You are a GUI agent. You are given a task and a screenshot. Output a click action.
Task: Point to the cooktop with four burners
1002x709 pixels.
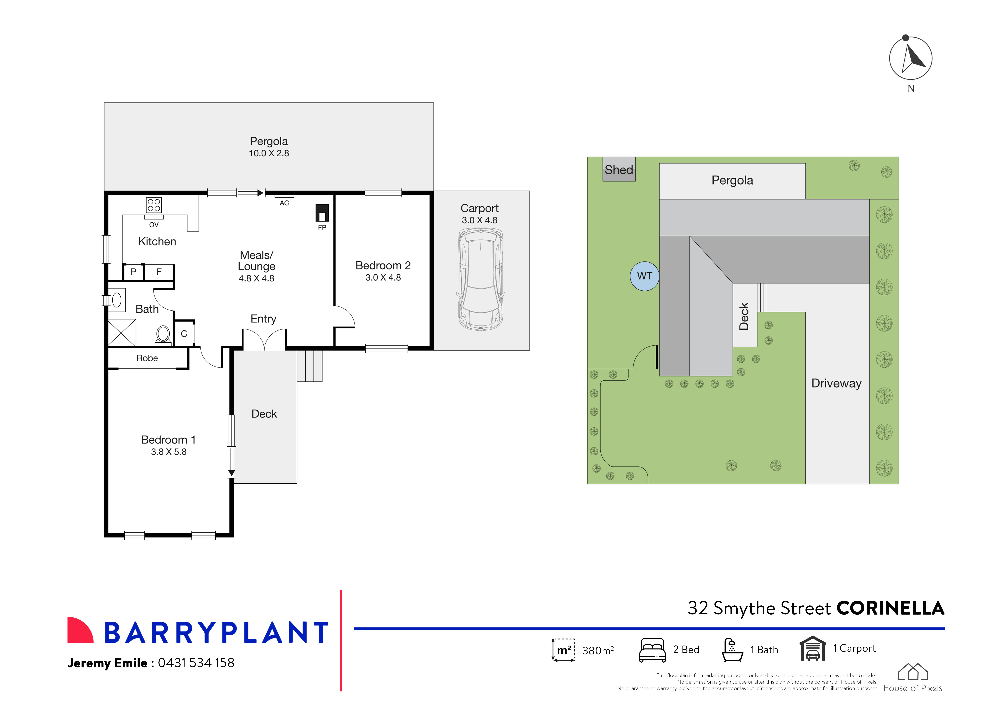click(154, 205)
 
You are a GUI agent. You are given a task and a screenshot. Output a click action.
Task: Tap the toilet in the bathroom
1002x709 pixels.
click(163, 335)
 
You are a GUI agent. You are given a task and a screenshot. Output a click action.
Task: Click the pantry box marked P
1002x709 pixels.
click(134, 272)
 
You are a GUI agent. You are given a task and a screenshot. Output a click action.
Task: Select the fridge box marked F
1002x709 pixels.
click(159, 272)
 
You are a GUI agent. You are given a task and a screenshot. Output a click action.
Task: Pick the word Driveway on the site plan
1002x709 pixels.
click(836, 383)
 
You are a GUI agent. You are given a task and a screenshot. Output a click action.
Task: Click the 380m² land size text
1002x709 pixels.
click(598, 651)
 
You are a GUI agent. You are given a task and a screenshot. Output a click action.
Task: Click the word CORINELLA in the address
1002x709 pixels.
click(890, 608)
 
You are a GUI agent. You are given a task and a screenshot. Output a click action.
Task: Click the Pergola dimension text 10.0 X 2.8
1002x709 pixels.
click(269, 153)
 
